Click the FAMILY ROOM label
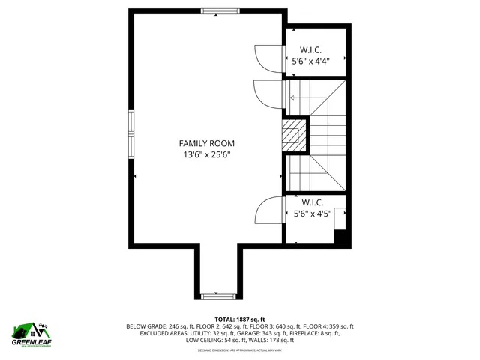206,143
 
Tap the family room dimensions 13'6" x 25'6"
206,155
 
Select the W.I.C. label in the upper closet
311,49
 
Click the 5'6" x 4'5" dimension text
312,214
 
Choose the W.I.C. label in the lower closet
312,202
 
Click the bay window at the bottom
219,294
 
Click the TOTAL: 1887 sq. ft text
240,319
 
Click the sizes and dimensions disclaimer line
240,349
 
